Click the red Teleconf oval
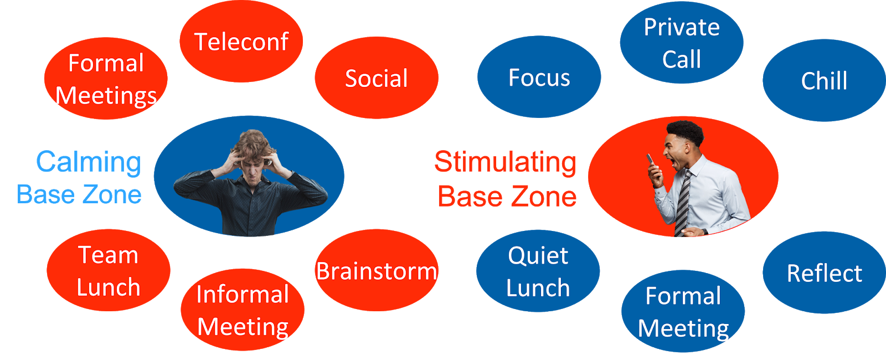241,42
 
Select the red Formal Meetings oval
106,79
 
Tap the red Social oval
377,78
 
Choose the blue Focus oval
539,78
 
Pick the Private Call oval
682,43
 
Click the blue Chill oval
824,81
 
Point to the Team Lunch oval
109,271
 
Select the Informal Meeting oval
243,310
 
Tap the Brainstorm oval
377,271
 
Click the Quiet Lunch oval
538,271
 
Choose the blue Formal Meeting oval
683,312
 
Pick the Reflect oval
824,273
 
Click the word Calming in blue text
89,162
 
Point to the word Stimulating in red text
505,162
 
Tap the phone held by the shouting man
651,161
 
